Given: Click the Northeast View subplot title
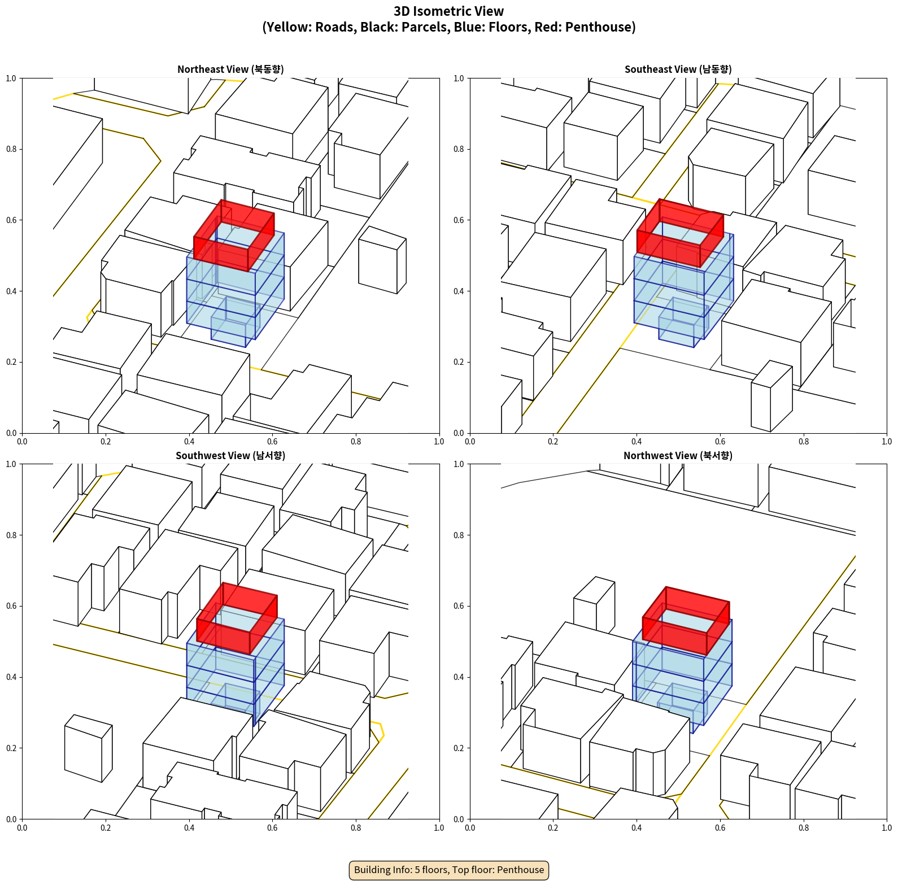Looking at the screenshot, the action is click(x=230, y=69).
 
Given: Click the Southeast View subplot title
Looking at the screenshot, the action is click(x=678, y=69).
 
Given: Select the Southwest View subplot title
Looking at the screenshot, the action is click(x=230, y=456).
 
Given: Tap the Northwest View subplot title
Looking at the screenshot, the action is click(x=678, y=456).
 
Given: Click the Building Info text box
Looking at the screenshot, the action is click(x=449, y=870).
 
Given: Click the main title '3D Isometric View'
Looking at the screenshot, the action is click(x=449, y=11).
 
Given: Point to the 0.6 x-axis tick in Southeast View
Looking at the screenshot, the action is click(x=720, y=442).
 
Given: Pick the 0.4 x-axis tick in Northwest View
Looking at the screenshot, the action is click(x=637, y=828).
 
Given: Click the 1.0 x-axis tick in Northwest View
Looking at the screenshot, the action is click(x=887, y=828).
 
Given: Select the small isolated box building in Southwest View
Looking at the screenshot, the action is click(x=88, y=748).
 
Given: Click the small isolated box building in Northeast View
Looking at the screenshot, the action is click(x=382, y=260).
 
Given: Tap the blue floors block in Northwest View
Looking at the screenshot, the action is click(x=682, y=672).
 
